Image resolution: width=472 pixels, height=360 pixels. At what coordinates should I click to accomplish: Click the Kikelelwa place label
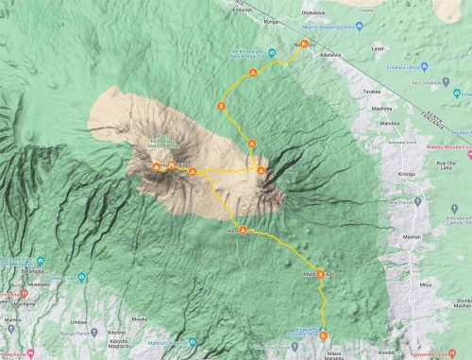click(x=329, y=56)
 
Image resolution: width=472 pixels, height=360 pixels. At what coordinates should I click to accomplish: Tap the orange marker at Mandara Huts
click(x=321, y=274)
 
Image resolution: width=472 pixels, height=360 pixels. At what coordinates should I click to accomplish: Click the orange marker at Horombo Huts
click(x=243, y=231)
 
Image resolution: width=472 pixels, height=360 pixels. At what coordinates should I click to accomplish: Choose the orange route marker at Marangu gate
click(x=323, y=334)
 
